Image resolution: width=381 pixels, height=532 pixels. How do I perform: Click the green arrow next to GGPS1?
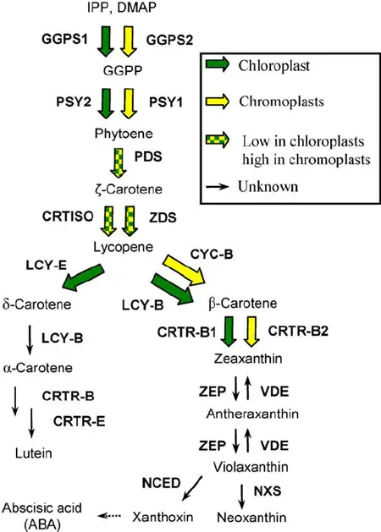point(106,41)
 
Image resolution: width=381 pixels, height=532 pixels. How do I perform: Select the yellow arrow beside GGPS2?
point(129,41)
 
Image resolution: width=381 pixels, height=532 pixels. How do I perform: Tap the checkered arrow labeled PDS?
point(119,163)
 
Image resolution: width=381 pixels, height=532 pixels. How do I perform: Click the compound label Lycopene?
point(124,247)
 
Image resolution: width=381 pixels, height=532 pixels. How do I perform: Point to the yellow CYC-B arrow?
point(185,270)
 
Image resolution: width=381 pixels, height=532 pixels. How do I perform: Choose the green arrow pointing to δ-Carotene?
point(83,277)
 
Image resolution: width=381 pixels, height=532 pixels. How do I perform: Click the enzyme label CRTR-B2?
point(298,331)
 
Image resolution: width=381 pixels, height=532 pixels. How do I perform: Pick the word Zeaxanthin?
point(248,359)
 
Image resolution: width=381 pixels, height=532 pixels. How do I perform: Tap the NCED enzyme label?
point(162,483)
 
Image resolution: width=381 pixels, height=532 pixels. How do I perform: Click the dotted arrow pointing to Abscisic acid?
point(109,516)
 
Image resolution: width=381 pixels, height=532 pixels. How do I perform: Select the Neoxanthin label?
point(251,518)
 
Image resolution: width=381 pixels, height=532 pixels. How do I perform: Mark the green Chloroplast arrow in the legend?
point(218,64)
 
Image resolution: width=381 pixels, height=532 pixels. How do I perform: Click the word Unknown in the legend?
point(268,187)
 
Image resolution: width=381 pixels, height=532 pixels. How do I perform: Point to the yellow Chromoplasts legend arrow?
point(218,101)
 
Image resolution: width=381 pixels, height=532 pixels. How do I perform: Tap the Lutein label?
point(34,453)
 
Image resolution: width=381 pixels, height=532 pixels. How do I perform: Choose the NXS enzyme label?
point(268,491)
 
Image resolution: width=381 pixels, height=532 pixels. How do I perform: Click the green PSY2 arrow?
point(106,103)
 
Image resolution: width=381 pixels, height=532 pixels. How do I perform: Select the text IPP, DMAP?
point(122,8)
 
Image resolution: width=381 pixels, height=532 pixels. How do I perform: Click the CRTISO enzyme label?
point(68,217)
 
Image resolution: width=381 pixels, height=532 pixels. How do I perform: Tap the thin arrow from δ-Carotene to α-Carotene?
point(30,340)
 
